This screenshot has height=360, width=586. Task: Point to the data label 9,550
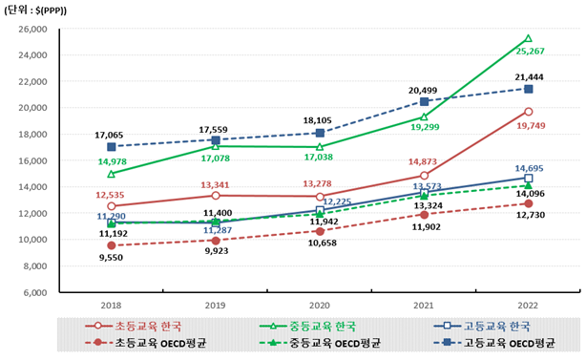tap(114, 257)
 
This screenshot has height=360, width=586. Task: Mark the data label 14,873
tap(422, 162)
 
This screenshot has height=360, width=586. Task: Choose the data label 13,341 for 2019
tap(217, 184)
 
